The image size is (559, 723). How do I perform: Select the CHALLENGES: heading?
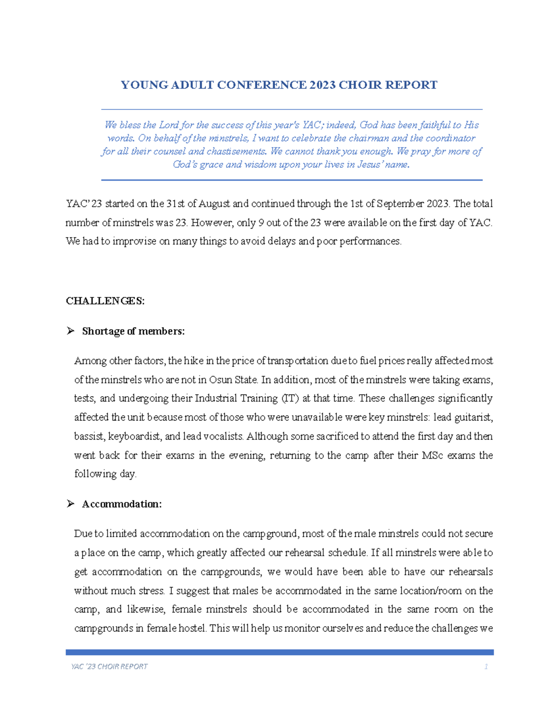click(105, 301)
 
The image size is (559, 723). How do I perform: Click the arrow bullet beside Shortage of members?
click(70, 331)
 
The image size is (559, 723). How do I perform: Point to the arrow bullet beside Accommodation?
click(70, 504)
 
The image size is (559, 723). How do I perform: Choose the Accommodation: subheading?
click(122, 504)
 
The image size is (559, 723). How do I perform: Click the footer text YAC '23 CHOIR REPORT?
click(109, 666)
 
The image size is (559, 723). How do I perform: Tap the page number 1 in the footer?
click(486, 666)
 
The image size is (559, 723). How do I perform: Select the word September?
click(400, 204)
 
